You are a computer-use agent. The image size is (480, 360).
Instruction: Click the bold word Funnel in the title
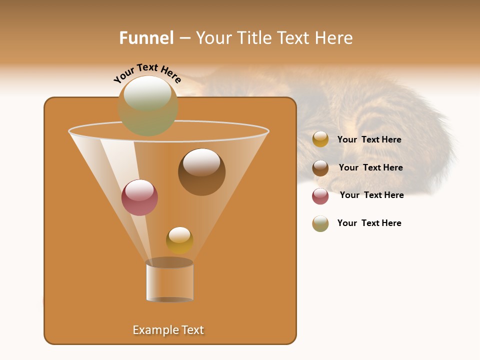tap(146, 38)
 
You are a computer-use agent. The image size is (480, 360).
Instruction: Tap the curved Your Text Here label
tap(147, 73)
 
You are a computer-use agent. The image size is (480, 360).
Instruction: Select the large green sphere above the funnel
tap(148, 106)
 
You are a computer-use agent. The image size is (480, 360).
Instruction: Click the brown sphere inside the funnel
tap(201, 172)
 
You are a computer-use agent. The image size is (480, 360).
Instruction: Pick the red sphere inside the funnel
tap(139, 197)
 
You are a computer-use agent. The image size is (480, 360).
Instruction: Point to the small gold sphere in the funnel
tap(179, 240)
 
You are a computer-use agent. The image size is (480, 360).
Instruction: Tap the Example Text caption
tap(168, 330)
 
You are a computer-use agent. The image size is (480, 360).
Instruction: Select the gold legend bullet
tap(320, 139)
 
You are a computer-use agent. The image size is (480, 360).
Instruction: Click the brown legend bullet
tap(320, 168)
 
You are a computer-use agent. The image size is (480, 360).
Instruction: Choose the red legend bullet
tap(320, 196)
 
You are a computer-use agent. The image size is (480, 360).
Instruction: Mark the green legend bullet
tap(320, 223)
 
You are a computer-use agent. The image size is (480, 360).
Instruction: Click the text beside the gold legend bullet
tap(369, 140)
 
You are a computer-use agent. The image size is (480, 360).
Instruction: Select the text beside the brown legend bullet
tap(370, 168)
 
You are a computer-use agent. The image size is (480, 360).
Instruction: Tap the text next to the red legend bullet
tap(371, 195)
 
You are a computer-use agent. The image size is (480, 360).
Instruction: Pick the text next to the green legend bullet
tap(369, 223)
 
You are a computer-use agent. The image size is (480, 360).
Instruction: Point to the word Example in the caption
tap(154, 330)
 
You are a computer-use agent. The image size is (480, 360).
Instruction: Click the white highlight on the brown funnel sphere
tap(201, 162)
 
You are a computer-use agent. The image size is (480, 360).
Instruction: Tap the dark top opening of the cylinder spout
tap(169, 263)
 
